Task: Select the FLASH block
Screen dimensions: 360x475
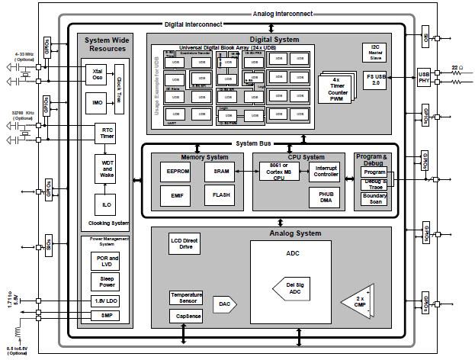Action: (x=220, y=195)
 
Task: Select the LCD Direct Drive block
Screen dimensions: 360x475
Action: (x=184, y=244)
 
